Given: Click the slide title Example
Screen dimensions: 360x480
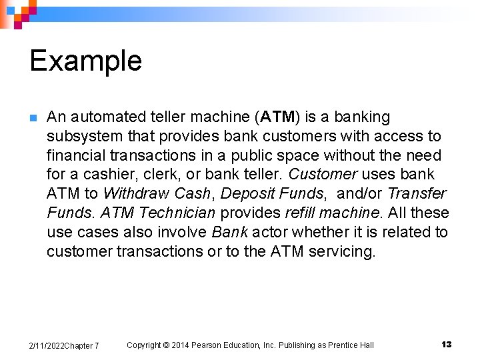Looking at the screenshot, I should pyautogui.click(x=85, y=61).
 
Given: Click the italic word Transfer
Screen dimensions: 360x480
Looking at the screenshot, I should pyautogui.click(x=417, y=194).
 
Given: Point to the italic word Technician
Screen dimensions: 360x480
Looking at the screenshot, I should pyautogui.click(x=178, y=213).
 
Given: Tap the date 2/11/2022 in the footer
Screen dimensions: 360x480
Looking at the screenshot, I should pyautogui.click(x=46, y=345).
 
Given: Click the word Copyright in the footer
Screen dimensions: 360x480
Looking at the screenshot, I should pyautogui.click(x=144, y=345).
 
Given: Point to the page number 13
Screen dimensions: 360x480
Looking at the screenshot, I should pyautogui.click(x=446, y=344).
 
